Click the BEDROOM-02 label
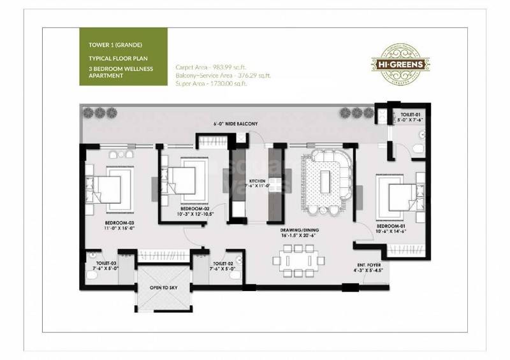pyautogui.click(x=195, y=208)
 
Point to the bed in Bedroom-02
pyautogui.click(x=185, y=179)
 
